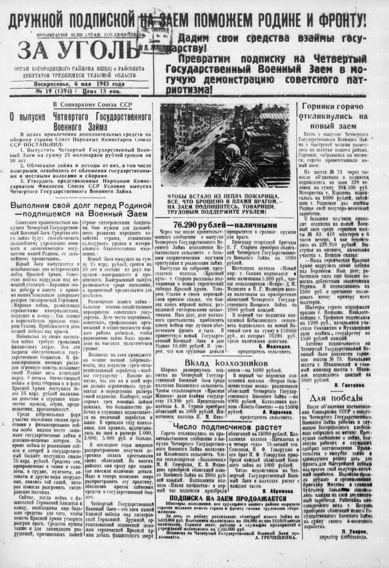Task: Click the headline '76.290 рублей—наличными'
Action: (225, 225)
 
